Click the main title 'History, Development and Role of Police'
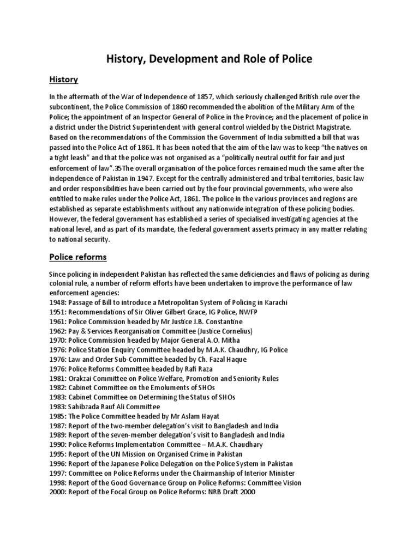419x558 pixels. coord(209,59)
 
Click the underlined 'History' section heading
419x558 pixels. coord(63,80)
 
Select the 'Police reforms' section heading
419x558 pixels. coord(78,256)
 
